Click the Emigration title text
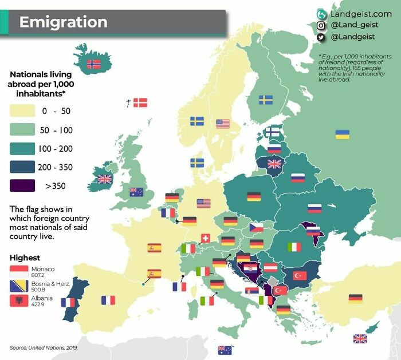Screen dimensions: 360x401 click(x=63, y=22)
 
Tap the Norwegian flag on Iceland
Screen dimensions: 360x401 click(x=93, y=65)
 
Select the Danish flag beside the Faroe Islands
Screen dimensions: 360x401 click(x=140, y=103)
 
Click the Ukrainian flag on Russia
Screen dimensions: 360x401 click(x=342, y=134)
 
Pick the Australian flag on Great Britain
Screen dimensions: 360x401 click(x=136, y=192)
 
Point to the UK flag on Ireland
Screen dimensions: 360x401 click(x=104, y=179)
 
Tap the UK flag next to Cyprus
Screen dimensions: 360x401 click(x=360, y=338)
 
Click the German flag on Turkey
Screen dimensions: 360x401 click(x=355, y=298)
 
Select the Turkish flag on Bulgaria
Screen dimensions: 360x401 click(x=300, y=275)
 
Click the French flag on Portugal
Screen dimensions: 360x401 click(x=68, y=302)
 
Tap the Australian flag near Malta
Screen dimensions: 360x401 click(x=225, y=349)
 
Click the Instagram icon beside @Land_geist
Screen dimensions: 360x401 click(x=321, y=25)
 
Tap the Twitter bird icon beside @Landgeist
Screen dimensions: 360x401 click(x=321, y=37)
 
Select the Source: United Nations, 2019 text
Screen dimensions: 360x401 click(x=43, y=347)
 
